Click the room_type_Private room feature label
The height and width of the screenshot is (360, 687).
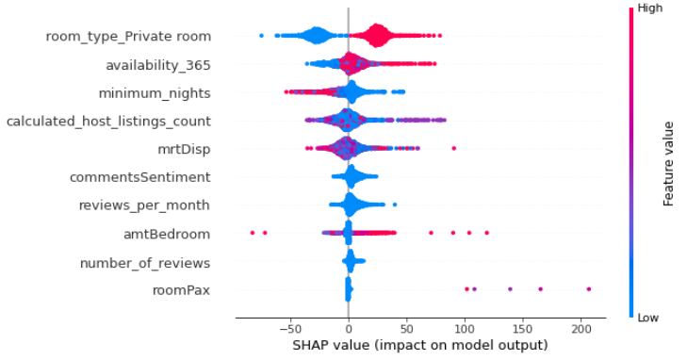point(128,37)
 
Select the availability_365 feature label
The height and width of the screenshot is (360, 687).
point(158,65)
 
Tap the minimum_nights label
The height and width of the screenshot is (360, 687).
point(155,93)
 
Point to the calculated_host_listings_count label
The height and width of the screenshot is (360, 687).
point(108,122)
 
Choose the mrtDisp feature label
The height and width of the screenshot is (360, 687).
point(184,149)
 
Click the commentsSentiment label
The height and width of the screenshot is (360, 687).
point(140,177)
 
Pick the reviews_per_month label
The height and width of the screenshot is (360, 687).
point(144,205)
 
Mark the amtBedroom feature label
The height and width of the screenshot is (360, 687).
point(167,234)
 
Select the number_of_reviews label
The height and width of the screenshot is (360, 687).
point(145,263)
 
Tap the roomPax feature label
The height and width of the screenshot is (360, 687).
point(181,290)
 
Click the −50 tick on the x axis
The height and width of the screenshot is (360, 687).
point(290,328)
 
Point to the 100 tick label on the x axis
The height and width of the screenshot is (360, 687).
point(465,328)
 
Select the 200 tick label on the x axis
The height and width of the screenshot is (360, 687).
point(581,328)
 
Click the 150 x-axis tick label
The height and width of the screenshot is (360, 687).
point(523,328)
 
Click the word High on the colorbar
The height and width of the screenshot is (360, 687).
point(650,8)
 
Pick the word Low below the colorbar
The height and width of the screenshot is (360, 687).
point(648,318)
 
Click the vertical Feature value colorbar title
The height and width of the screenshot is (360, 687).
point(668,164)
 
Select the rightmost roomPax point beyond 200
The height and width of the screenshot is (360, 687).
point(588,289)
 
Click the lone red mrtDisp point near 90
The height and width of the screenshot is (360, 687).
point(453,149)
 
